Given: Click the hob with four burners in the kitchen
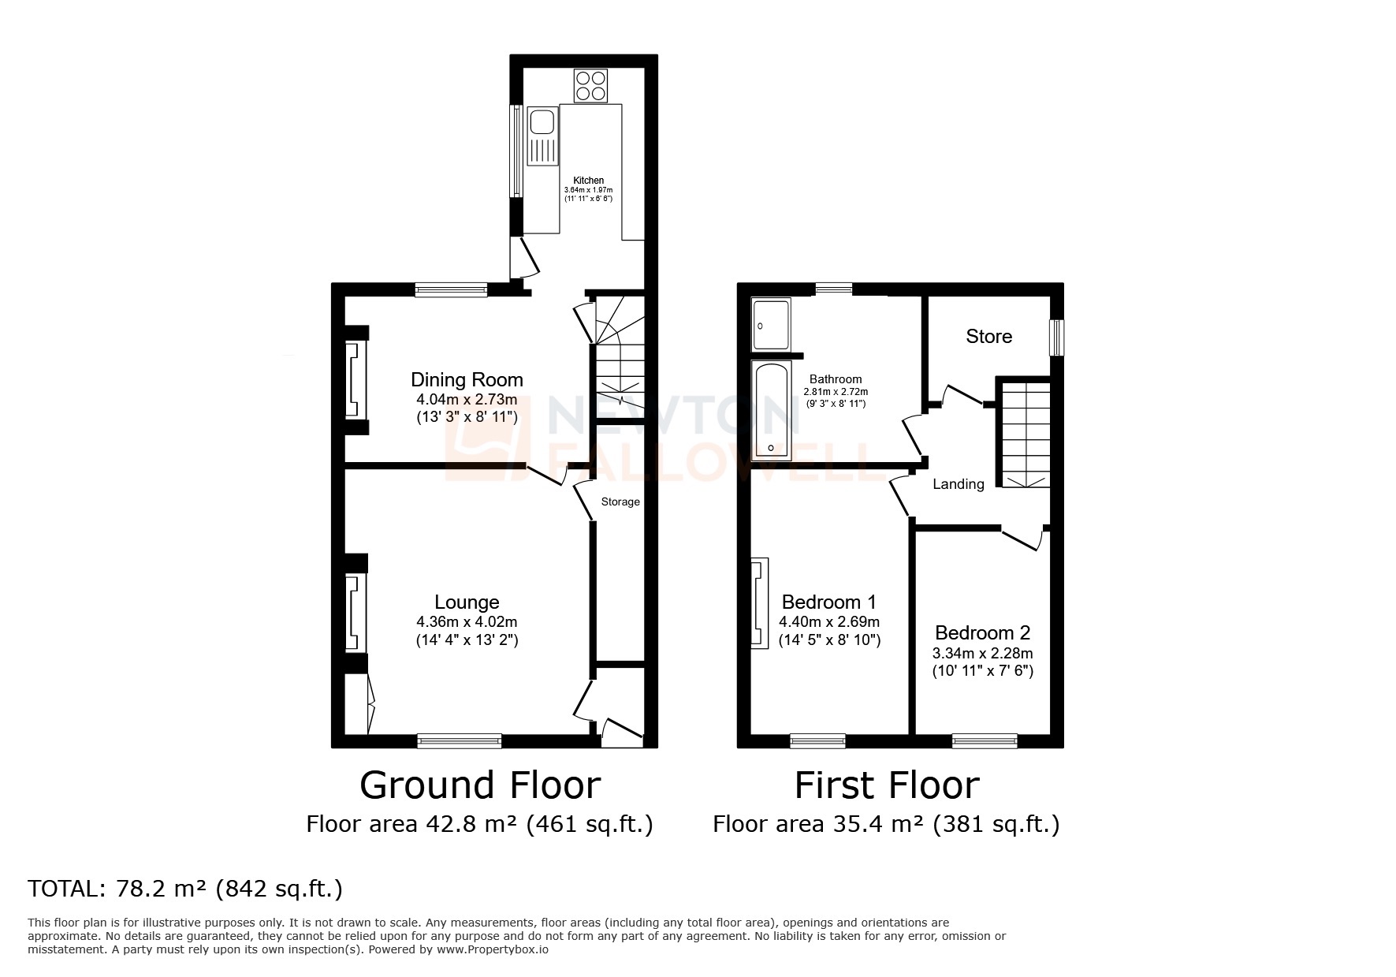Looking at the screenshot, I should coord(591,87).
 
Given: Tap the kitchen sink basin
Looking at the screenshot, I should coord(542,123).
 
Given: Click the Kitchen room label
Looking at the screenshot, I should coord(588,181).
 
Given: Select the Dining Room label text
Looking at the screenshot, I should coord(467,380).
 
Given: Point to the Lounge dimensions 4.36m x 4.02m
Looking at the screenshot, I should coord(467,622).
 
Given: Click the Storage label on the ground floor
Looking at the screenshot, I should coord(620,502).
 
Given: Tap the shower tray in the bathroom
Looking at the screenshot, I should coord(771,325).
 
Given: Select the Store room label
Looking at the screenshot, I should coord(988,337).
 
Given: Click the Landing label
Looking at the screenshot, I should coord(958,484).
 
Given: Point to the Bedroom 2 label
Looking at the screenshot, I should coord(982,633).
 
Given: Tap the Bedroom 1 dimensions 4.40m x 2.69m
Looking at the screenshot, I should coord(829,622).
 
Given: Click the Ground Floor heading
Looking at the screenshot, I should coord(480,785).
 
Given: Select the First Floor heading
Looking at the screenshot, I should coord(886,785).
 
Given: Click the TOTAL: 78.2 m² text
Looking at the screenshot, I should coord(185,889).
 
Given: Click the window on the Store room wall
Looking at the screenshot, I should coord(1055,337).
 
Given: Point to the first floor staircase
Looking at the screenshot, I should coord(1026,434).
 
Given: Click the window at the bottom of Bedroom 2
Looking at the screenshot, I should coord(984,740).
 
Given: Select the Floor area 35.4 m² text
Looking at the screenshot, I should coord(886,824).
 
